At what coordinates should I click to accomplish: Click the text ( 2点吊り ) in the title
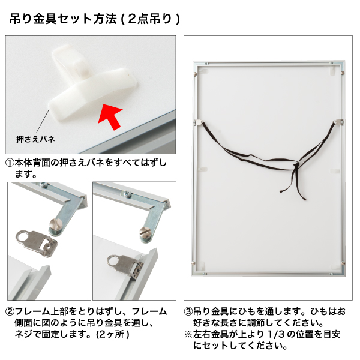(x=150, y=19)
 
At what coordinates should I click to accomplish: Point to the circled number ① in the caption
(x=10, y=163)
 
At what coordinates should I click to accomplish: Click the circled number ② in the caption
(x=10, y=312)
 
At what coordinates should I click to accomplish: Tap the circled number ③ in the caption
(x=188, y=312)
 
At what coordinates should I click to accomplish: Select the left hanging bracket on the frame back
(x=200, y=122)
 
